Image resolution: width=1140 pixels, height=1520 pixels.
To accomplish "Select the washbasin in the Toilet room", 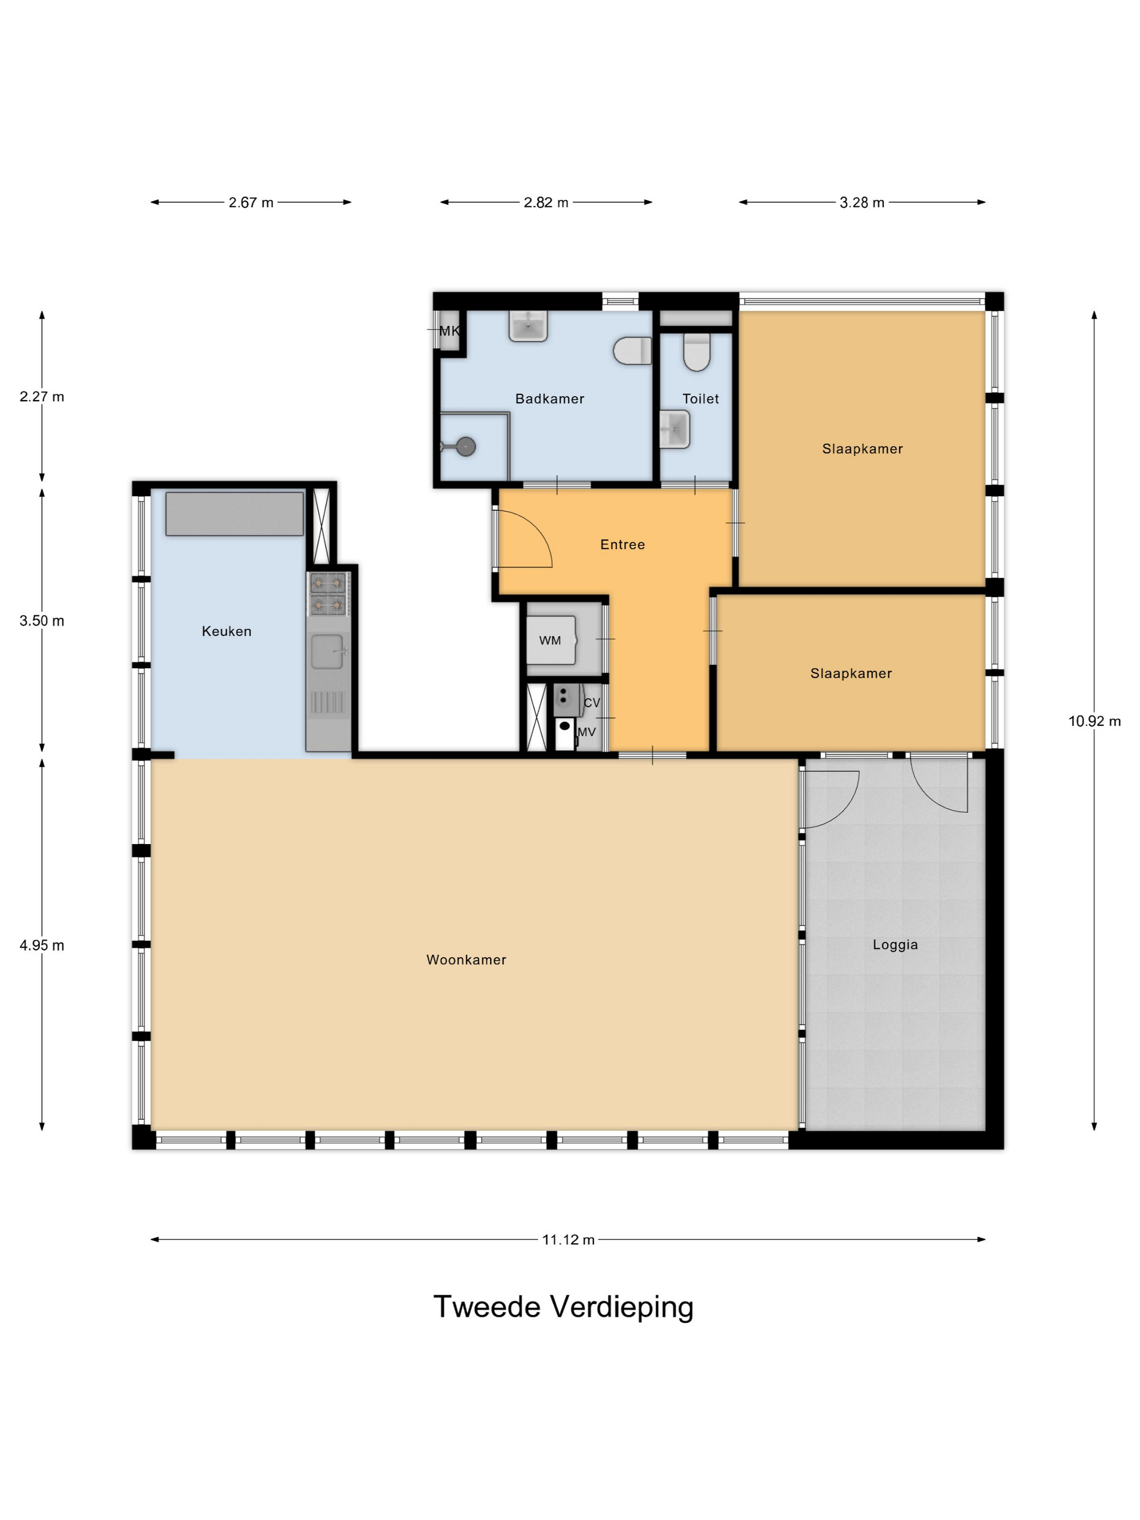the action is coord(674,429).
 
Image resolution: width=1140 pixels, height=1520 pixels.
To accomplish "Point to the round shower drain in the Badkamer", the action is coord(466,447).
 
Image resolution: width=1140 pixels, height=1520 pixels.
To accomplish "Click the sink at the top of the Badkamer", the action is coord(528,326).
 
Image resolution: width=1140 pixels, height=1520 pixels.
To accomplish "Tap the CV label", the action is coord(592,703).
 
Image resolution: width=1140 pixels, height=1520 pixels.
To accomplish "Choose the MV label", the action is coord(586,732).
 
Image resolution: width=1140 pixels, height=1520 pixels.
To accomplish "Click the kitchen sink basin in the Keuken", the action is coord(327,651).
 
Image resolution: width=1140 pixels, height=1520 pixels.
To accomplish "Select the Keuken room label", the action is coord(227,631).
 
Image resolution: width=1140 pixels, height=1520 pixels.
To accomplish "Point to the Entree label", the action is coord(623,545).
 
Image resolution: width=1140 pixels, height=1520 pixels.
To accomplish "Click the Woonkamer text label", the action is coord(466,960).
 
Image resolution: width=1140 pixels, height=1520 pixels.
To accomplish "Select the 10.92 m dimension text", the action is coord(1094,721).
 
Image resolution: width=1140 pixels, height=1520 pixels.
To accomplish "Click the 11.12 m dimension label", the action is coord(568,1240).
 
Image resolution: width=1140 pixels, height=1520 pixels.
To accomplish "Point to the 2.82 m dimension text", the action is coord(546,202).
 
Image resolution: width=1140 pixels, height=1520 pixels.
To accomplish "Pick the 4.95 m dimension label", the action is coord(42,946).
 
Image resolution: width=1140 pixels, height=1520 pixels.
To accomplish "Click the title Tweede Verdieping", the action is coord(563,1307).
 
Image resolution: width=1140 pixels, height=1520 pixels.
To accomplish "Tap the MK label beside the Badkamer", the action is coord(449,331).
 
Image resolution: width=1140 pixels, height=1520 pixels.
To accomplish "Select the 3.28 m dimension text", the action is coord(862,202).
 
